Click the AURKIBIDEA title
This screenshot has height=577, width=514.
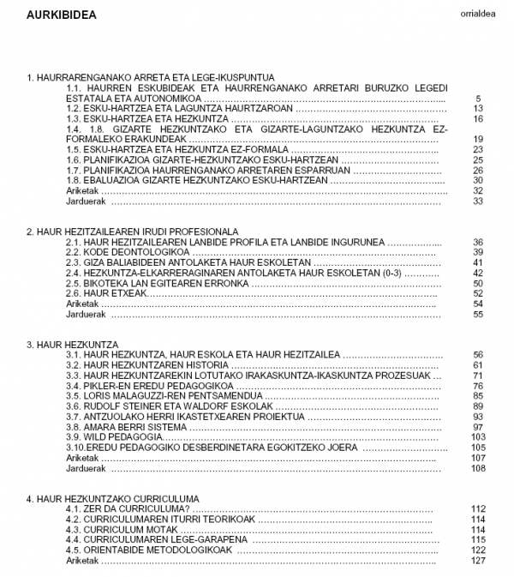61,15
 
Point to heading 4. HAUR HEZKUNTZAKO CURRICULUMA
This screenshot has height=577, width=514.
112,498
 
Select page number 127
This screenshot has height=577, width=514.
478,560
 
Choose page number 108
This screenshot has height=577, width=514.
478,468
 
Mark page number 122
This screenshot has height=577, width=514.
478,550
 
